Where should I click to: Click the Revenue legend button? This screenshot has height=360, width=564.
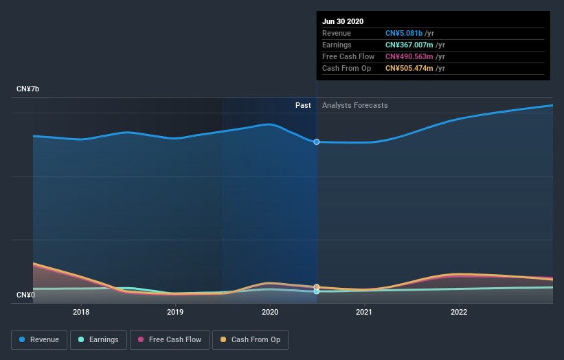(x=40, y=339)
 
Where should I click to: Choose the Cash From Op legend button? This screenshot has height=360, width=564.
(x=250, y=339)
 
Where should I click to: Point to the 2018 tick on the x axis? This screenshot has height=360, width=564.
(x=81, y=311)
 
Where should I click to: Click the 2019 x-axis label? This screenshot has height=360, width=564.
(x=175, y=311)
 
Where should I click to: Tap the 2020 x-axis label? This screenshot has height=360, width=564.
(x=269, y=311)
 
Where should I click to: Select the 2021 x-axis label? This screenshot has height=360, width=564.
(x=364, y=311)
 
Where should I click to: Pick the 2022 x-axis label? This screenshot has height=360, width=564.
(x=458, y=311)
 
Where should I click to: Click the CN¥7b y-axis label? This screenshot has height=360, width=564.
(x=28, y=89)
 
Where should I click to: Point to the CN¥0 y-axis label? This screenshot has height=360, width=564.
(x=25, y=295)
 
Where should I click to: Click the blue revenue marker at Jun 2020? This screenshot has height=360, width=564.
(x=317, y=142)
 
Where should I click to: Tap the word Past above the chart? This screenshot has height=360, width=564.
(x=303, y=106)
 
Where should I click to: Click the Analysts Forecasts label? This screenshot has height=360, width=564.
(x=354, y=106)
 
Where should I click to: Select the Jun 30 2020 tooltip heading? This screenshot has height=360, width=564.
(x=343, y=21)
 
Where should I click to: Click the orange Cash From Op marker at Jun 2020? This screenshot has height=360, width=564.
(x=317, y=286)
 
